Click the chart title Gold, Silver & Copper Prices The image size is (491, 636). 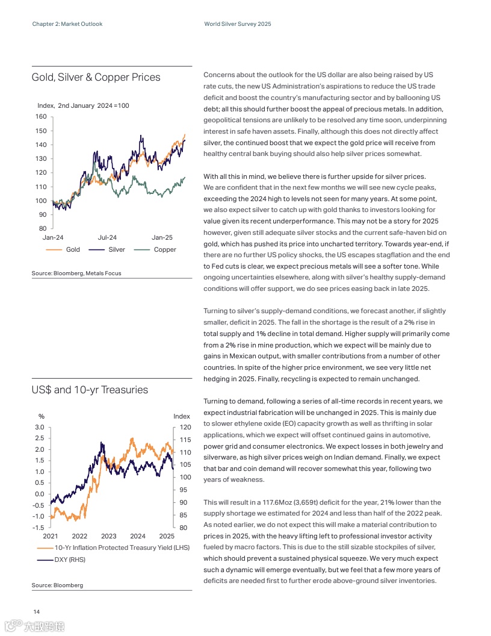[x=96, y=77]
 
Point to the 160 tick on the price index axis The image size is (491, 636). [x=41, y=116]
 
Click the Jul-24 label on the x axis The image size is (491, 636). [x=107, y=238]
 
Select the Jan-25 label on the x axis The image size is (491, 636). [x=162, y=238]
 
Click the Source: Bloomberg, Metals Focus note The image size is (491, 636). [x=76, y=273]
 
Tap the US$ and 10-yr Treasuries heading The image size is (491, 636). [x=90, y=390]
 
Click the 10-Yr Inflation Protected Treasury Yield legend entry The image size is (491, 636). [x=114, y=547]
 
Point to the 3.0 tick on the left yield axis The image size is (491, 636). [x=39, y=427]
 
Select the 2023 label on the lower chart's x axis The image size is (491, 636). [x=109, y=536]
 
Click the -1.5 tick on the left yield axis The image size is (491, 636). [x=39, y=528]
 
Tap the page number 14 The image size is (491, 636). [x=36, y=613]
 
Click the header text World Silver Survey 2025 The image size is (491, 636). [x=238, y=24]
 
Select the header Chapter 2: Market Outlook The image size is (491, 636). [x=67, y=24]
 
